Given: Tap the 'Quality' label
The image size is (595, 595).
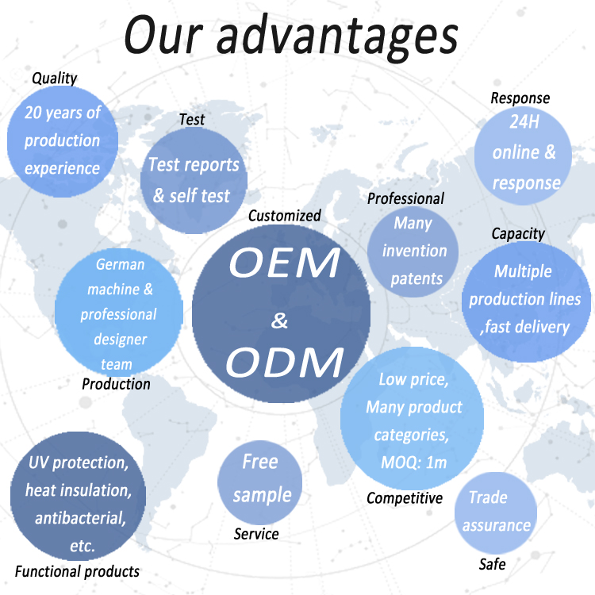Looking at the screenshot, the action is click(55, 79).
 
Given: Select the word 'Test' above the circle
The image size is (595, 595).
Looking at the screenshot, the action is click(192, 120).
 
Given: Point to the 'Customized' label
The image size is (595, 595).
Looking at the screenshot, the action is click(285, 216).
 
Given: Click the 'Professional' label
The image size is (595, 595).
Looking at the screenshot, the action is click(405, 198).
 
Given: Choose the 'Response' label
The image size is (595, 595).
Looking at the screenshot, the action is click(520, 98).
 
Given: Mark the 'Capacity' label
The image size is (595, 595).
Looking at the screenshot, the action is click(518, 234).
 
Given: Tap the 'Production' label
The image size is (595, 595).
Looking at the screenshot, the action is click(116, 384).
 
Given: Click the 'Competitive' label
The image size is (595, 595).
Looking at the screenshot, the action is click(405, 498).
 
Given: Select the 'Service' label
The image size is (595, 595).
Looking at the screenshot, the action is click(256, 534).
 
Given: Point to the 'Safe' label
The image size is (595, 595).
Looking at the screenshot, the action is click(492, 564).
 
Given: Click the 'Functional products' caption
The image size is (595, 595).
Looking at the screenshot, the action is click(77, 571).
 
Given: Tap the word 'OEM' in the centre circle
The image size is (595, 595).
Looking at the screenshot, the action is click(284, 263).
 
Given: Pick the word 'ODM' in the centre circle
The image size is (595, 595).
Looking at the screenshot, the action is click(285, 363).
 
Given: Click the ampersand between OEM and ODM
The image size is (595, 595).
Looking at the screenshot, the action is click(279, 321).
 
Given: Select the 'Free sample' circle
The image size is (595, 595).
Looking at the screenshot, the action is click(260, 482).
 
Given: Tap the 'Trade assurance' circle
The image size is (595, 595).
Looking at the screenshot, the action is click(496, 513).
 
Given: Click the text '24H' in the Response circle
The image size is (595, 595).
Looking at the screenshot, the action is click(524, 122).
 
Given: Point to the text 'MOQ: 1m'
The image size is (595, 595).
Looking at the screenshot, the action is click(413, 463).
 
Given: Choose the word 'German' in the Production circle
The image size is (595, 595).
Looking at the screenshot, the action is click(120, 264).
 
